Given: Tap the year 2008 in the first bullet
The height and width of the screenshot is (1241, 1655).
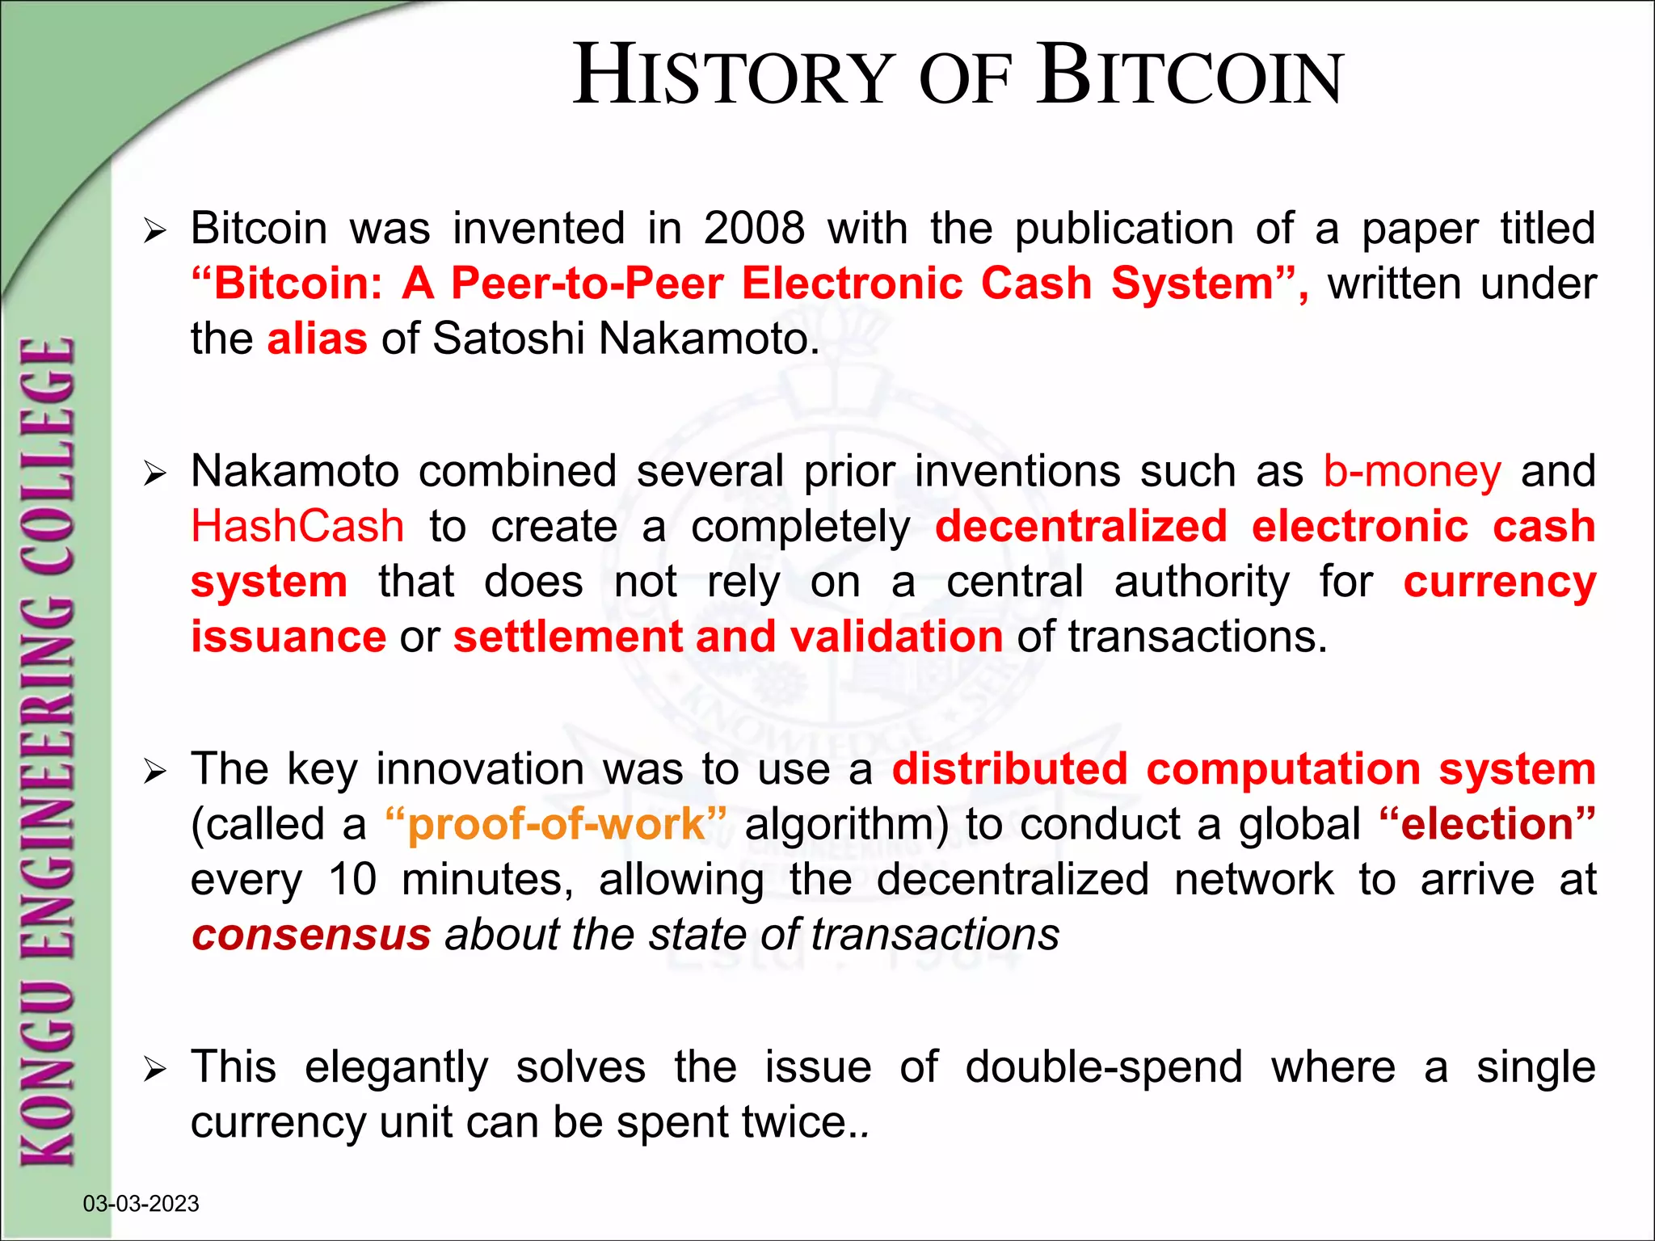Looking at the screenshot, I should click(x=754, y=229).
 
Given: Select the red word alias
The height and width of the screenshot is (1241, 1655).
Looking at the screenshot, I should click(x=317, y=339).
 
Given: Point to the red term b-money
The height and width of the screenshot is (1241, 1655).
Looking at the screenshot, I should click(x=1412, y=472).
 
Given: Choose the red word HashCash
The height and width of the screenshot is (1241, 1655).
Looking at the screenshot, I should click(x=297, y=527).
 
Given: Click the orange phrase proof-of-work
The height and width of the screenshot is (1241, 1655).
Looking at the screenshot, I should click(x=556, y=825).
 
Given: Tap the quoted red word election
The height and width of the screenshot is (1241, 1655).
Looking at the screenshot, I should click(x=1487, y=825).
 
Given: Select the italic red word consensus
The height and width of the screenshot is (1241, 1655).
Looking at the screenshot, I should click(x=311, y=936).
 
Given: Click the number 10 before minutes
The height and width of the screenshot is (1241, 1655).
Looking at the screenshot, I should click(x=352, y=880).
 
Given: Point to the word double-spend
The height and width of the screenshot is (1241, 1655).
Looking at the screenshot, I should click(x=1103, y=1067).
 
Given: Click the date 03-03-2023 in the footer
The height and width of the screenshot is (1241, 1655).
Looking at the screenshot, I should click(x=141, y=1204).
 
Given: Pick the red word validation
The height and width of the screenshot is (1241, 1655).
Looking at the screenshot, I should click(x=896, y=637).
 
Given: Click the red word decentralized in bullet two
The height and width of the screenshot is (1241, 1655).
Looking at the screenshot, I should click(x=1080, y=527).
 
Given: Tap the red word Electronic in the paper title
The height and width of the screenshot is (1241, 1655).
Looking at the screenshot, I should click(x=852, y=284).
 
